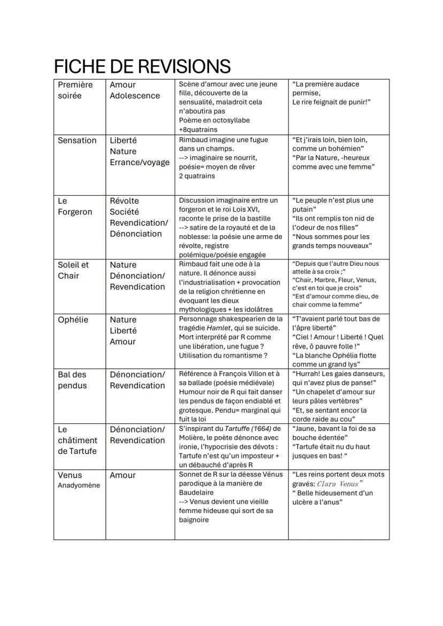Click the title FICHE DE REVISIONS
click(x=142, y=67)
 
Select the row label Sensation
click(x=77, y=141)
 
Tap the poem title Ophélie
click(x=73, y=320)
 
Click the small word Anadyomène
click(x=79, y=485)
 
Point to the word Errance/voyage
click(x=139, y=163)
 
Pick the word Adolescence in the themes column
click(x=135, y=96)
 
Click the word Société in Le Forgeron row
click(x=124, y=212)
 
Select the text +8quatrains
click(x=198, y=129)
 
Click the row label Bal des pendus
click(x=72, y=380)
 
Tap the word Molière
click(x=193, y=438)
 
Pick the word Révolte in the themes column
click(x=124, y=201)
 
